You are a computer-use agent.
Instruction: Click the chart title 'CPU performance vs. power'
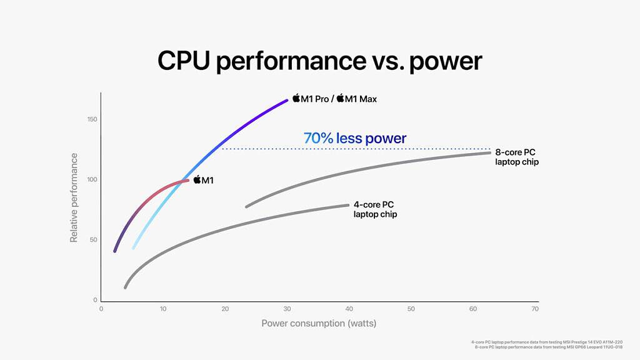pyautogui.click(x=319, y=61)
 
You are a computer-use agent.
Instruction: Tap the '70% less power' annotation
pyautogui.click(x=354, y=138)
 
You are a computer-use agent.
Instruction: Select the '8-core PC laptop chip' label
pyautogui.click(x=516, y=157)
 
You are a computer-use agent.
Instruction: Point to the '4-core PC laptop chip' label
pyautogui.click(x=375, y=209)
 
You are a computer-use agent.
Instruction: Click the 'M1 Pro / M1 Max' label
pyautogui.click(x=335, y=99)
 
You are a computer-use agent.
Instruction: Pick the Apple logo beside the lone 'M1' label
pyautogui.click(x=197, y=180)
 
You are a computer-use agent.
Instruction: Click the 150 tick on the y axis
pyautogui.click(x=91, y=119)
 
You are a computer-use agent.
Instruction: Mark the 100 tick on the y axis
pyautogui.click(x=91, y=179)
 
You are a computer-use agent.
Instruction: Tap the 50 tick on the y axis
pyautogui.click(x=92, y=240)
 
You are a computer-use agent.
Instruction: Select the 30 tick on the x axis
pyautogui.click(x=287, y=309)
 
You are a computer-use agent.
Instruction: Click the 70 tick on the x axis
pyautogui.click(x=535, y=309)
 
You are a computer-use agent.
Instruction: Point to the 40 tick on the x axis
pyautogui.click(x=349, y=309)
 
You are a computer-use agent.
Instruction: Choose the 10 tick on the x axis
pyautogui.click(x=162, y=309)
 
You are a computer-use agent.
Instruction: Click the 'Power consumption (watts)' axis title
pyautogui.click(x=319, y=324)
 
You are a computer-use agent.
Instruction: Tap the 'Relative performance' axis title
pyautogui.click(x=74, y=197)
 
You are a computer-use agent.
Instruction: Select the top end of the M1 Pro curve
pyautogui.click(x=287, y=99)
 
